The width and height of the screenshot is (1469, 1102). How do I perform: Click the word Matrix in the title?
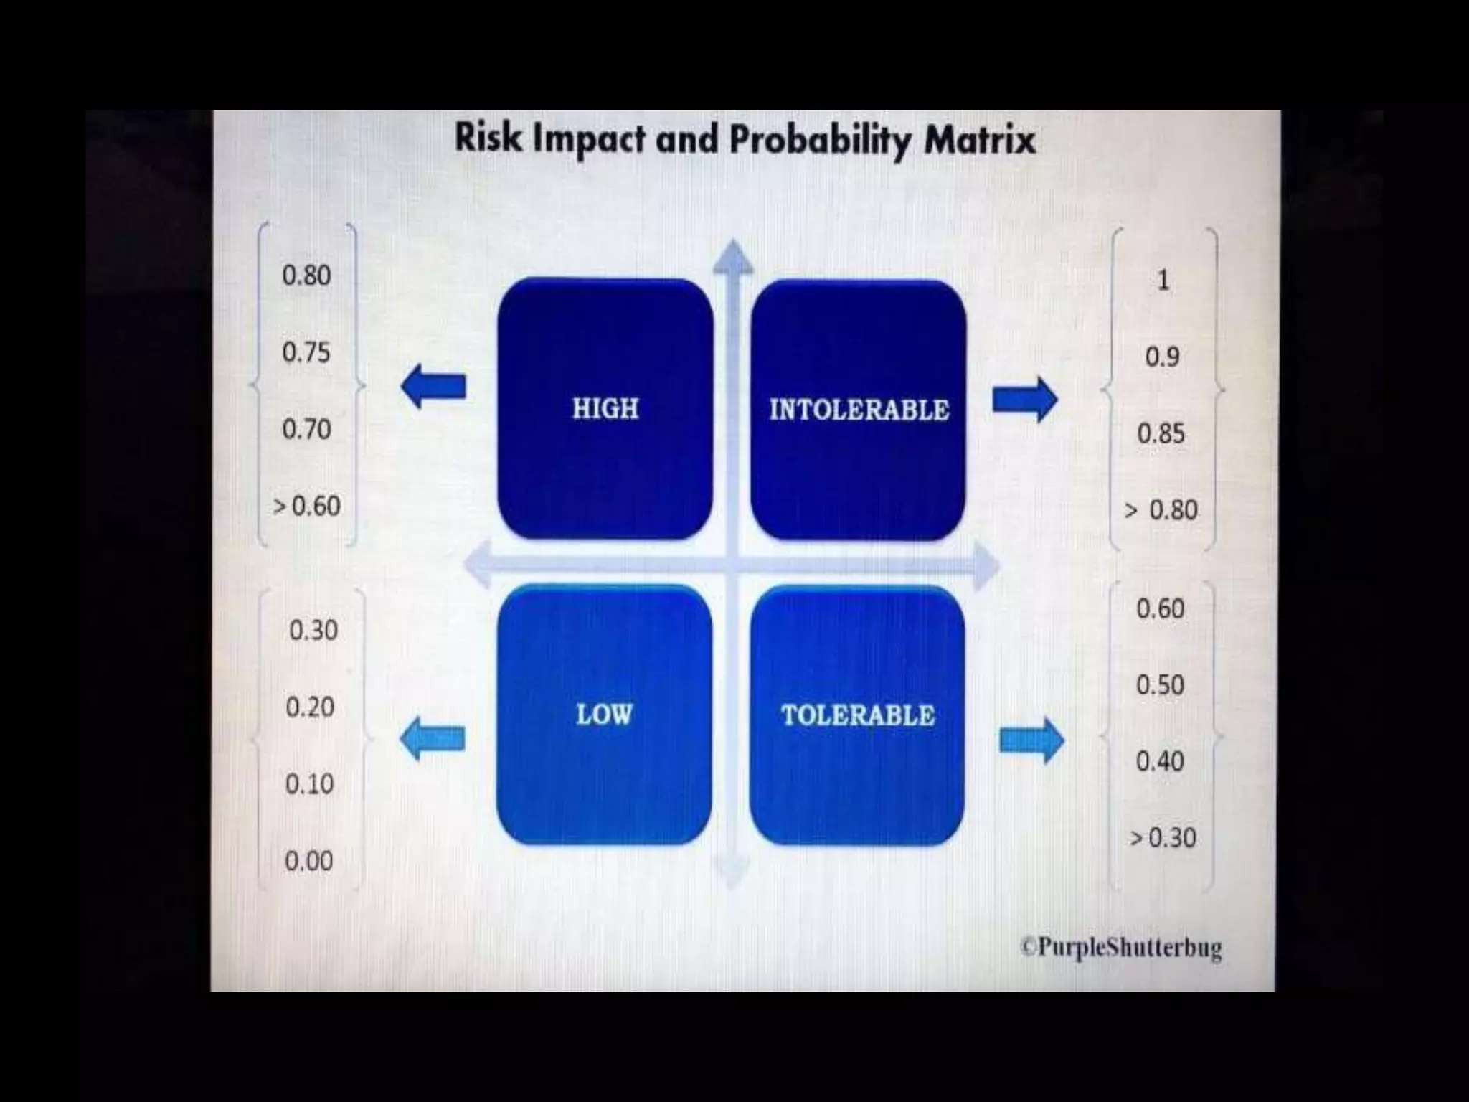[x=980, y=139]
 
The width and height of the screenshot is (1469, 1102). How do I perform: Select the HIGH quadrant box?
[x=605, y=408]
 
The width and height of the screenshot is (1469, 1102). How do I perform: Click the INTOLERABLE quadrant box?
[x=859, y=410]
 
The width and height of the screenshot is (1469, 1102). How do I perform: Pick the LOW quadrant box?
[x=604, y=715]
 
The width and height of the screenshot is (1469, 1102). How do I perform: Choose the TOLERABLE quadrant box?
[x=857, y=715]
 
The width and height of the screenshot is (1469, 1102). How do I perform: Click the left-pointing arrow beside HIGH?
[x=433, y=386]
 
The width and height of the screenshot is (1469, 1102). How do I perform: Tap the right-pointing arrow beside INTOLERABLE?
[x=1024, y=399]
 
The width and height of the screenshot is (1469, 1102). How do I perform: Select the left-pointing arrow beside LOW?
[x=432, y=739]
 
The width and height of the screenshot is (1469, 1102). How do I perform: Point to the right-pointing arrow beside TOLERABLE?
[x=1031, y=740]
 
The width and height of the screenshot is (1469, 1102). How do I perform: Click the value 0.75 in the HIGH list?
[x=306, y=352]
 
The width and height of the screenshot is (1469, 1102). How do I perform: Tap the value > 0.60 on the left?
[x=306, y=507]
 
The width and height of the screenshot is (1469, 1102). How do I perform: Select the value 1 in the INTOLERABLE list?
[x=1163, y=280]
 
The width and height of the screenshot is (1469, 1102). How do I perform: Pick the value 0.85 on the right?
[x=1161, y=433]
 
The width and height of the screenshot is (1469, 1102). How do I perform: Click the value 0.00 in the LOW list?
[x=308, y=860]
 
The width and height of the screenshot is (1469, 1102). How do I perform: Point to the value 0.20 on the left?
[x=310, y=707]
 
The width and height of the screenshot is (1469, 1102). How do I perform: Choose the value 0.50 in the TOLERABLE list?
[x=1160, y=684]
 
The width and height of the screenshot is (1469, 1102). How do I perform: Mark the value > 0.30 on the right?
[x=1163, y=837]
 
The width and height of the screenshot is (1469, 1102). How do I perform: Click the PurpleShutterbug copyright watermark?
[x=1121, y=947]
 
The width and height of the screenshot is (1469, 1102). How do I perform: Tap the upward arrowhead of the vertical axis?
[x=732, y=257]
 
